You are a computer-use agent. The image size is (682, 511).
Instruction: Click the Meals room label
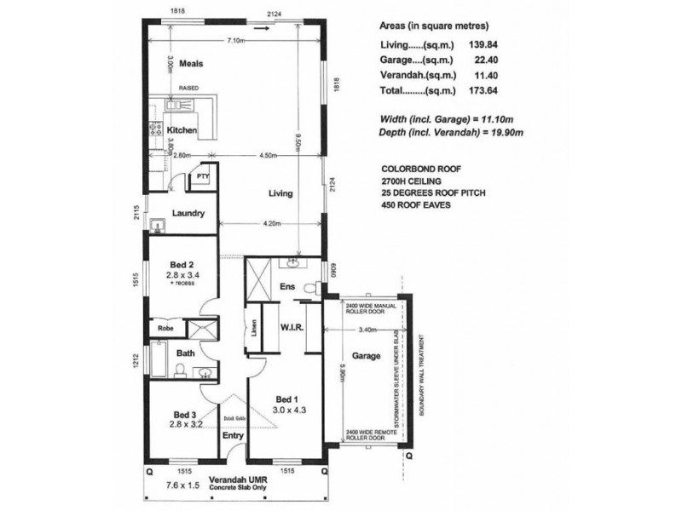tap(190, 64)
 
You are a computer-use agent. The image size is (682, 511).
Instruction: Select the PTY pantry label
tap(203, 177)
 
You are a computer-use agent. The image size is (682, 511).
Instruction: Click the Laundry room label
tap(187, 213)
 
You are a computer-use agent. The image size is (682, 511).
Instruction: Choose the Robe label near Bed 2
tap(165, 326)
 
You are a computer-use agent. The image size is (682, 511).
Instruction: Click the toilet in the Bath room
tap(182, 369)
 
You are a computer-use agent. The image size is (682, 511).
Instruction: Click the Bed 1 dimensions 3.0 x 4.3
tap(288, 409)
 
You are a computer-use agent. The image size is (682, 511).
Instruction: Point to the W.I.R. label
tap(292, 327)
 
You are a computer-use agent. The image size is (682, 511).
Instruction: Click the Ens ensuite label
tap(289, 287)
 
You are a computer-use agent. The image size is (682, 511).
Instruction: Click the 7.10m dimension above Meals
tap(237, 40)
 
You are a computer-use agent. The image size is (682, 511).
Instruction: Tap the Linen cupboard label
tap(253, 334)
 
